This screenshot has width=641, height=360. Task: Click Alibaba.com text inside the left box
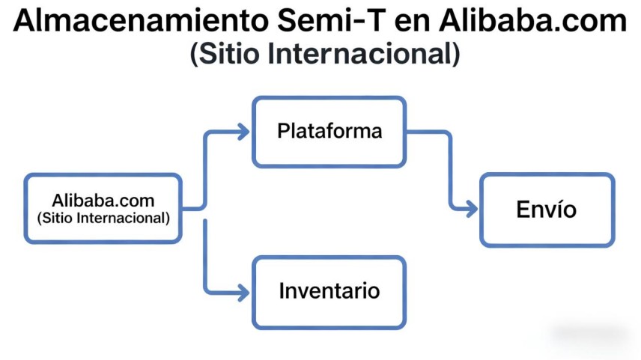tap(103, 201)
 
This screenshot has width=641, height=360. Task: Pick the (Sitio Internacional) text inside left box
tap(103, 219)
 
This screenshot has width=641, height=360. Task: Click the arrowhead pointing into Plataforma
tap(243, 132)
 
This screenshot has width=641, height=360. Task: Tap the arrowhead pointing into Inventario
tap(243, 293)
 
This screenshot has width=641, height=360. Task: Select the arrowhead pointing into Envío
tap(471, 209)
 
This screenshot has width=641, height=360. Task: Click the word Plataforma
tap(329, 131)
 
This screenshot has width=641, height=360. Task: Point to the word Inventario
tap(329, 290)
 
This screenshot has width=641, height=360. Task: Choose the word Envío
tap(547, 209)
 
